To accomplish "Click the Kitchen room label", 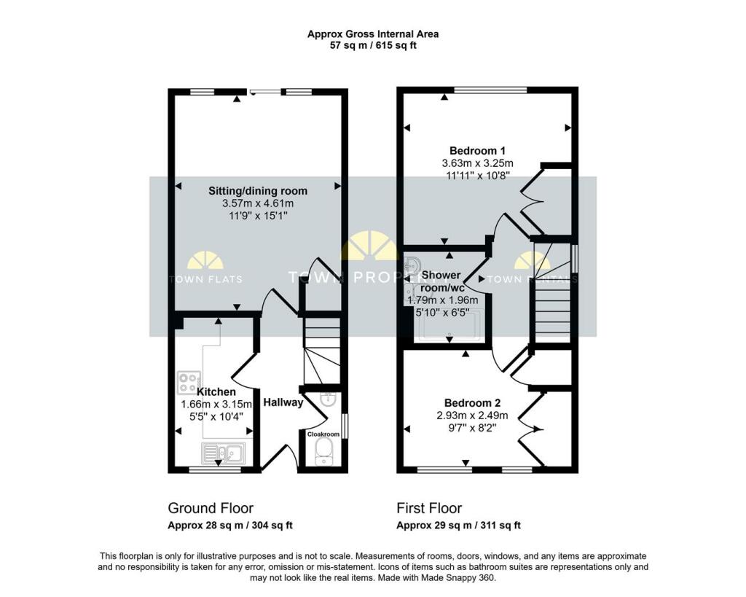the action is (216, 392).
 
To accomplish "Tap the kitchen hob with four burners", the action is (189, 383).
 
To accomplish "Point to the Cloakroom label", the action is (323, 434).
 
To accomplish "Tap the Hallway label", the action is (283, 402).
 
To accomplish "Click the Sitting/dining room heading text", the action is (258, 191).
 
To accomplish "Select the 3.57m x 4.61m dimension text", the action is (258, 203).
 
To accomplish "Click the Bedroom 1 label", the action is (477, 151).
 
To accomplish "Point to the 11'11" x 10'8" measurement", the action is (478, 175).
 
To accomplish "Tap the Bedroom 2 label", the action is (472, 403).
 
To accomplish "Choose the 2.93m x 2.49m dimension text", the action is (472, 415).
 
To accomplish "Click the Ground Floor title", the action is (211, 508).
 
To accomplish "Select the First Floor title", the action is (429, 508).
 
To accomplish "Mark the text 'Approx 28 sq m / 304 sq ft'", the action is (230, 526).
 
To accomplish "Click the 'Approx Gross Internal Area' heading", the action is (373, 34).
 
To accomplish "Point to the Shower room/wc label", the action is (441, 281).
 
